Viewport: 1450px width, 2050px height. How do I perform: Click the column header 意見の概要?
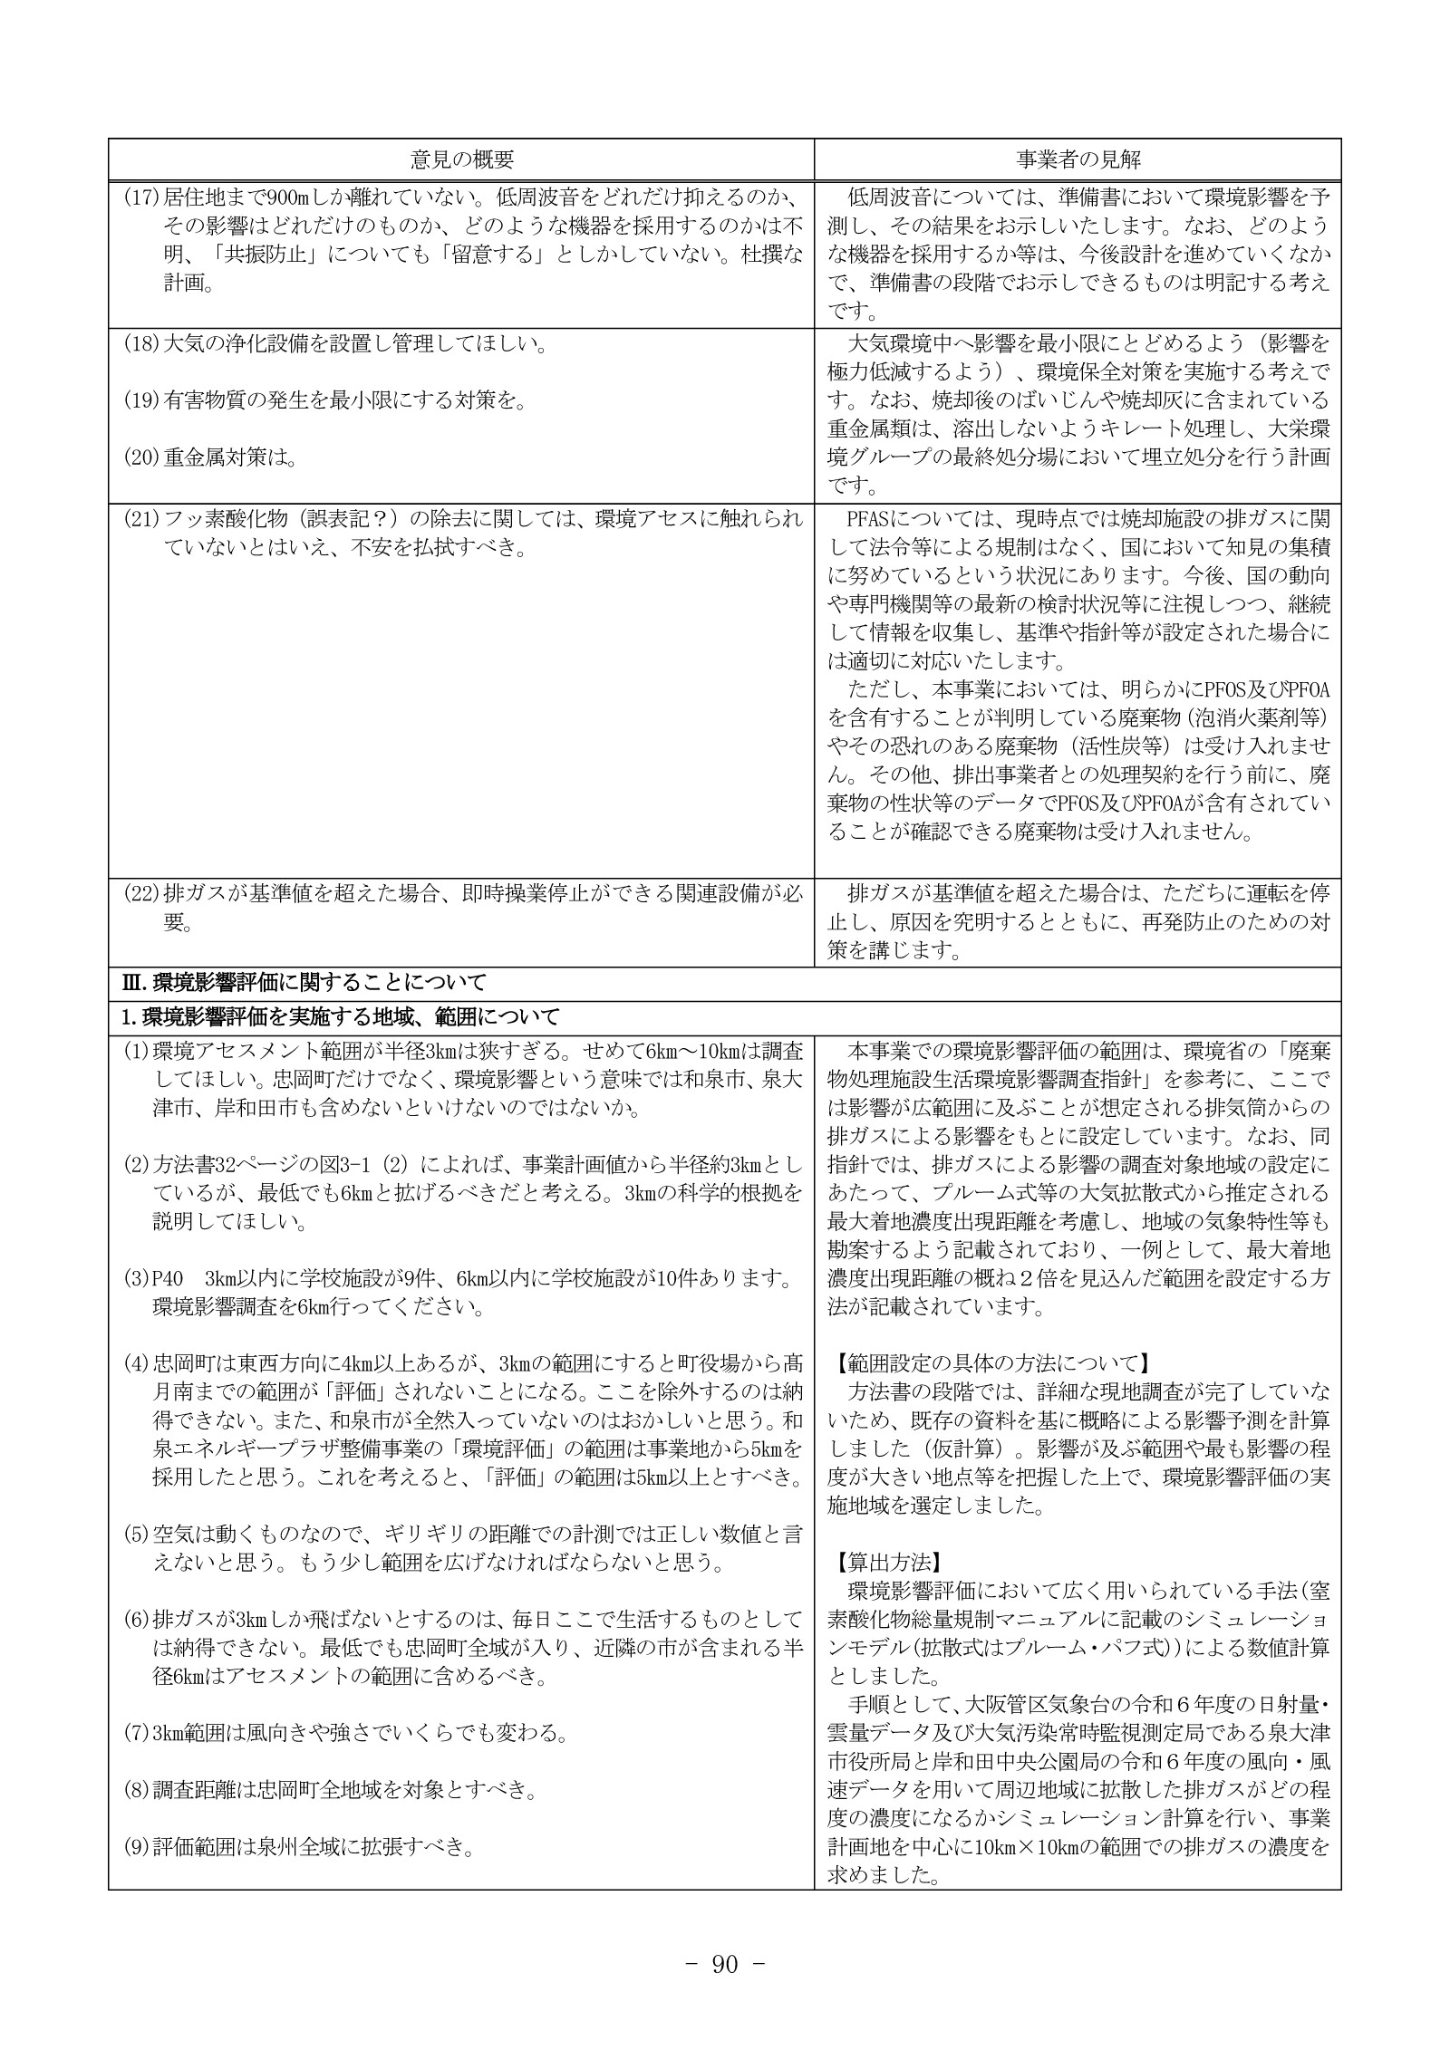point(461,160)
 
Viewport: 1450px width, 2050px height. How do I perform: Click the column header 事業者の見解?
point(1077,160)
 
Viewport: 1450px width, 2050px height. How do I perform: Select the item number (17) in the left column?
point(141,197)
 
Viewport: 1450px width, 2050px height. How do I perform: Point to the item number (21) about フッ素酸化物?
point(141,519)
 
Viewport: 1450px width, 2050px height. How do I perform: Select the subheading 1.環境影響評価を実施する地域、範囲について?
point(341,1016)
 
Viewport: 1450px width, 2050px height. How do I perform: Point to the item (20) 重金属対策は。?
point(210,458)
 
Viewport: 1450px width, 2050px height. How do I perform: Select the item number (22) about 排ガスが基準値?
point(141,893)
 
